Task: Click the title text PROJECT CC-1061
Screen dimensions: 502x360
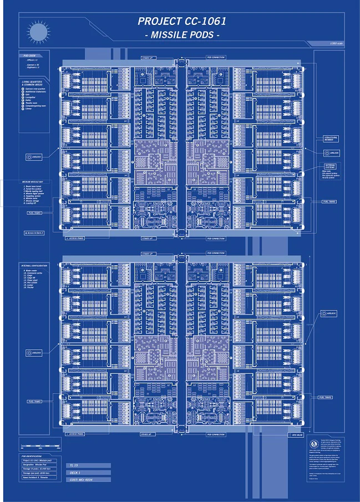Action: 182,22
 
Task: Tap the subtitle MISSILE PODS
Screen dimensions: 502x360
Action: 182,35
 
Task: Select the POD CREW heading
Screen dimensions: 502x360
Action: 30,56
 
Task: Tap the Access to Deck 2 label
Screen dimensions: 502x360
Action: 33,233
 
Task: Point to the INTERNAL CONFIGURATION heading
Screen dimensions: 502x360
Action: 34,266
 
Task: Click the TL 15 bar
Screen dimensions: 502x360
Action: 89,465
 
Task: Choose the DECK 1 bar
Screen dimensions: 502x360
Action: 89,473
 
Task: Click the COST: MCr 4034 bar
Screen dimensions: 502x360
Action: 89,480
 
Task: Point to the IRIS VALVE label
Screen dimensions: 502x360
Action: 297,435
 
